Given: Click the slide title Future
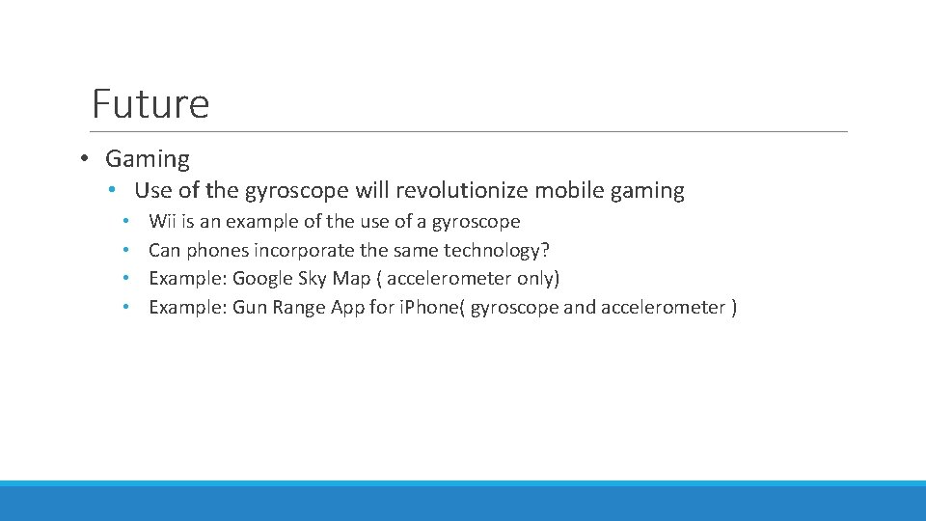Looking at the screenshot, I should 150,103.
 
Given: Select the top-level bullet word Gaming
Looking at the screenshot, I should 148,159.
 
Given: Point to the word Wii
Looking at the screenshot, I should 163,222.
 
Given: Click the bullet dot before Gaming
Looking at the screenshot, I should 86,159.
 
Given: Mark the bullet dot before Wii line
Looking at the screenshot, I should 126,222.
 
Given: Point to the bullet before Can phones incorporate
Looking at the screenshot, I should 126,251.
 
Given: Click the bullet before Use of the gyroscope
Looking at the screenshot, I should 113,191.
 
